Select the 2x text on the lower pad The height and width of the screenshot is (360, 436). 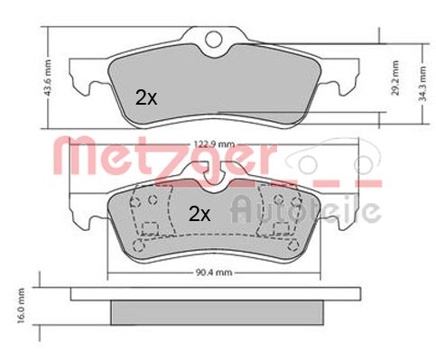click(x=199, y=215)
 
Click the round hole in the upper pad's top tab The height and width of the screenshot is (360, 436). click(x=215, y=39)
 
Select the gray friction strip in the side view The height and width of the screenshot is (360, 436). click(x=216, y=311)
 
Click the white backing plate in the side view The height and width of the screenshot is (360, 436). click(x=216, y=294)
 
